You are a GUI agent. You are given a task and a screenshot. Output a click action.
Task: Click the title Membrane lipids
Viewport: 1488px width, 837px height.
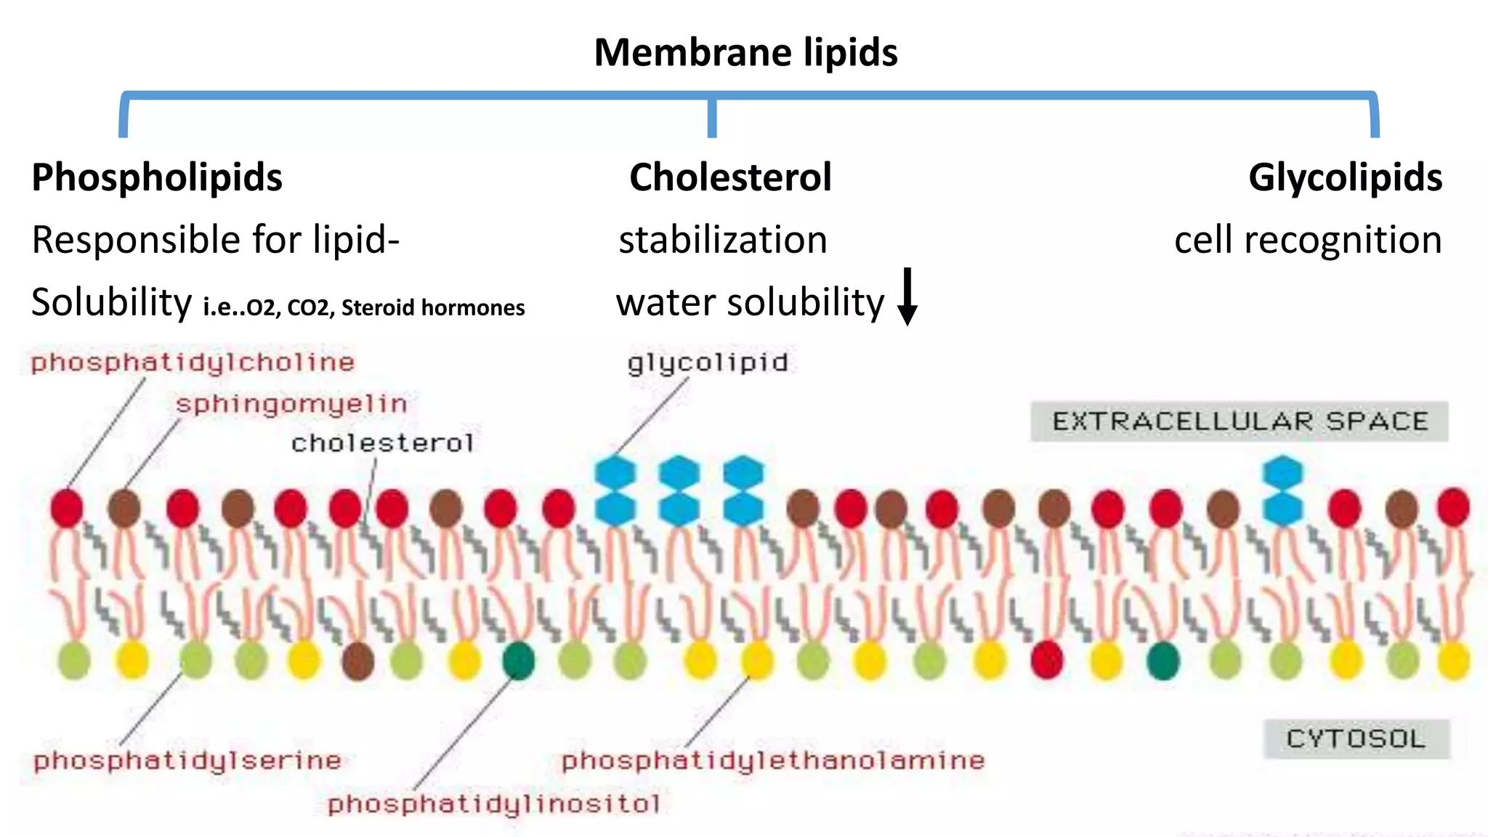point(745,52)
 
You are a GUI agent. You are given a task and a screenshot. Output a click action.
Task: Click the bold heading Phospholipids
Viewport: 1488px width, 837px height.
point(157,177)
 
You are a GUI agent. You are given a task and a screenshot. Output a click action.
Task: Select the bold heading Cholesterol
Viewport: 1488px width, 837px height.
point(730,177)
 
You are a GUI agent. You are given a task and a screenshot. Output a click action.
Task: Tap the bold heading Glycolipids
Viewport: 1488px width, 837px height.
point(1345,177)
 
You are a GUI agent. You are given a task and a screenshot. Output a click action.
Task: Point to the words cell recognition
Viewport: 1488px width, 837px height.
point(1308,240)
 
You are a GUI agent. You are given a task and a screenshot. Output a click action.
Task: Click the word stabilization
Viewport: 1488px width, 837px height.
point(723,240)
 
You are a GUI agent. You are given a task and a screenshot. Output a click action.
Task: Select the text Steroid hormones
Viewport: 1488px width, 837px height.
point(433,307)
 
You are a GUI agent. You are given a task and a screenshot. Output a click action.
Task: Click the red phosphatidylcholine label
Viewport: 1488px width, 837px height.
point(193,362)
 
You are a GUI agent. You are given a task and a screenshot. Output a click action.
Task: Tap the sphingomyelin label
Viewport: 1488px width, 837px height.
point(291,404)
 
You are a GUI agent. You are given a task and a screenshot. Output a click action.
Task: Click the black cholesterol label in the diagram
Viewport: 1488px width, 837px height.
point(382,442)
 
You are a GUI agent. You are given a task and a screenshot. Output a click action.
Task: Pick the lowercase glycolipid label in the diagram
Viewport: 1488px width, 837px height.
point(708,363)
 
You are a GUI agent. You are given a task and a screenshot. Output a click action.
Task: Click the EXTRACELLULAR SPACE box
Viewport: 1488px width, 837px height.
point(1240,421)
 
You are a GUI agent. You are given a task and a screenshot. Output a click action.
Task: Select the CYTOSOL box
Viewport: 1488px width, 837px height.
point(1356,739)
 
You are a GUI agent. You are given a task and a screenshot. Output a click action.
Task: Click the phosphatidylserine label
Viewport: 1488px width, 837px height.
point(187,761)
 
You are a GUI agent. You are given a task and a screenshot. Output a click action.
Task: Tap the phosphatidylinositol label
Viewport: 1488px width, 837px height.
point(494,804)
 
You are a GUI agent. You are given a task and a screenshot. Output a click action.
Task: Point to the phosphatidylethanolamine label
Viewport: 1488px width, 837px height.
point(773,761)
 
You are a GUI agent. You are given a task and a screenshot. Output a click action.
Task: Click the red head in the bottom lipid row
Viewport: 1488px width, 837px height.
point(1047,660)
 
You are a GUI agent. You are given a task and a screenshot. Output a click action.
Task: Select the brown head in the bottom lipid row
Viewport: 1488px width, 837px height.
point(357,660)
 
